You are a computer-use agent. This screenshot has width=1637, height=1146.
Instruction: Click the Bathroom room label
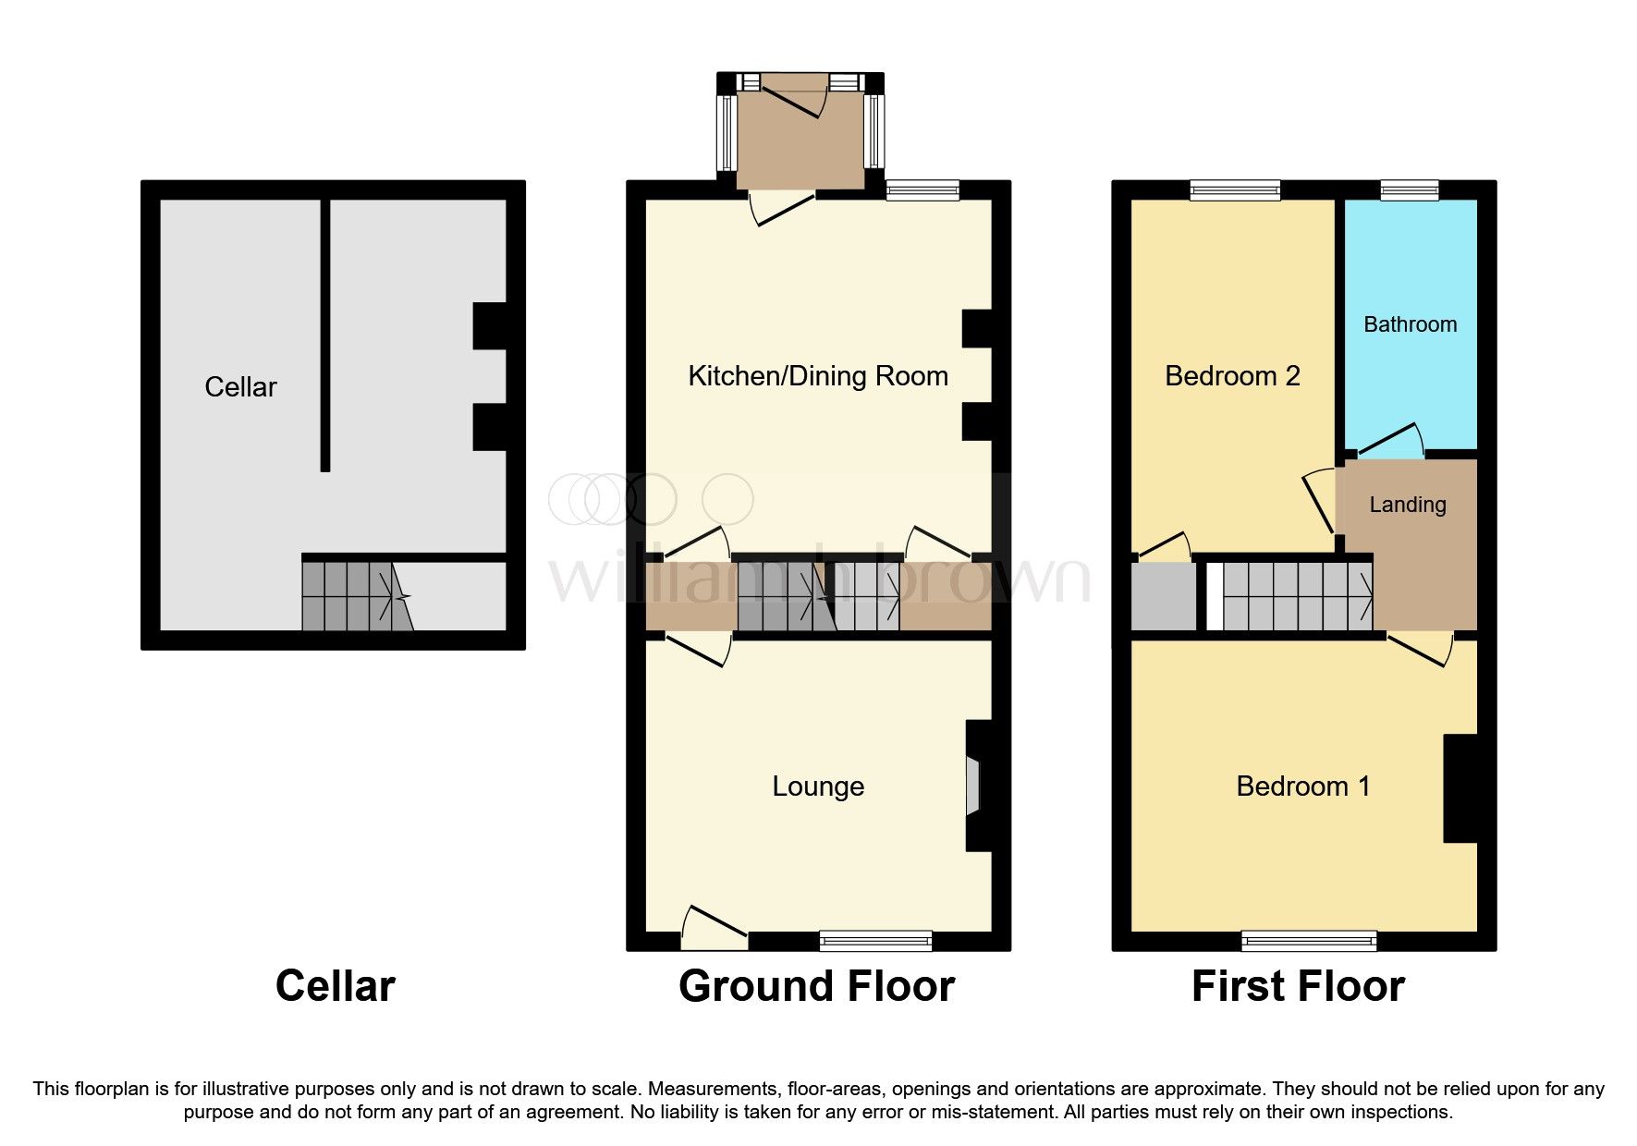tap(1410, 324)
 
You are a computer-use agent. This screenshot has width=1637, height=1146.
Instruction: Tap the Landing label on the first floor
tap(1407, 505)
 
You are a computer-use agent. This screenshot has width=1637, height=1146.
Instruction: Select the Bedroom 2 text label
tap(1232, 376)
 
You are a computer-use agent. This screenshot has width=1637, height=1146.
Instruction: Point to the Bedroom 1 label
tap(1302, 786)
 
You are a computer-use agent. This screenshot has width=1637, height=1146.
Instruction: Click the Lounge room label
tap(818, 786)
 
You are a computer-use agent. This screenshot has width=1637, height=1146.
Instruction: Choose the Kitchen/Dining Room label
tap(818, 376)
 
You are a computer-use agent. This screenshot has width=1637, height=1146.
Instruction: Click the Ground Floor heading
tap(816, 986)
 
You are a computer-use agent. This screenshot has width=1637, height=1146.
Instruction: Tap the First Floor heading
tap(1298, 986)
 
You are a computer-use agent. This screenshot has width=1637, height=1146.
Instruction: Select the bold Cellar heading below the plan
tap(335, 986)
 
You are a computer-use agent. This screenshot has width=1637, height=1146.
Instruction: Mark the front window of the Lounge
tap(875, 941)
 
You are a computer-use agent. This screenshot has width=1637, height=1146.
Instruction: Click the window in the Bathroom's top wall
tap(1410, 190)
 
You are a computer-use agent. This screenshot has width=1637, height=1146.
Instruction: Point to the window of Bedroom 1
tap(1309, 941)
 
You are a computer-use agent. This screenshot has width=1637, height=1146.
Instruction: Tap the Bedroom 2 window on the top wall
tap(1236, 190)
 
